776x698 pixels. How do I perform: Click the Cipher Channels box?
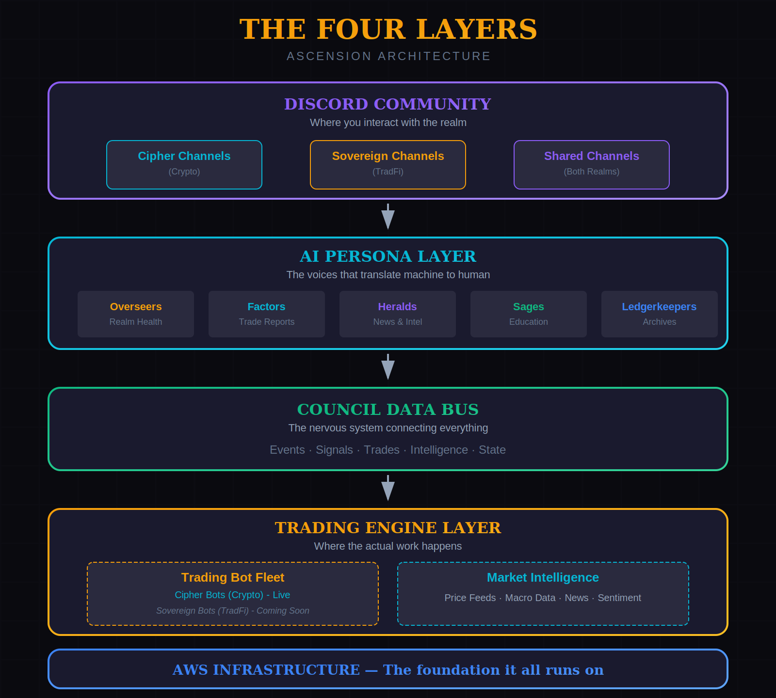click(x=184, y=165)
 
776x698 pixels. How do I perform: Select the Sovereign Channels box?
click(x=388, y=165)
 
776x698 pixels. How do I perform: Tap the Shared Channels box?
click(x=592, y=165)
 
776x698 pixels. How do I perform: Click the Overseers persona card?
click(x=136, y=314)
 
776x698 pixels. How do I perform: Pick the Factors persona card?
click(x=267, y=314)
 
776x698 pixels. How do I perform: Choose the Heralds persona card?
click(x=398, y=314)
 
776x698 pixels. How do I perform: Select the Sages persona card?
click(x=529, y=314)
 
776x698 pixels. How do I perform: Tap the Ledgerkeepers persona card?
click(x=660, y=314)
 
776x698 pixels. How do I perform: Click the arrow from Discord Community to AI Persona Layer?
click(x=388, y=217)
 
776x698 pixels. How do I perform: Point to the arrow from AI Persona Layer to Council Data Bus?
click(x=388, y=367)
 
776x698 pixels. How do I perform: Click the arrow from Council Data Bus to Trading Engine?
click(x=388, y=489)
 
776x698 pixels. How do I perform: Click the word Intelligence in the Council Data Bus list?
click(x=439, y=450)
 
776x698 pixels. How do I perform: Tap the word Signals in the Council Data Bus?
click(x=334, y=450)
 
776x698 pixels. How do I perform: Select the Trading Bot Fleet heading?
click(x=233, y=577)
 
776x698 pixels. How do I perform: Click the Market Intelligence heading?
click(x=543, y=577)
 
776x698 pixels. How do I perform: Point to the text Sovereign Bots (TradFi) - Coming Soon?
click(x=233, y=611)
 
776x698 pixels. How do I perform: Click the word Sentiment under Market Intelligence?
click(x=619, y=598)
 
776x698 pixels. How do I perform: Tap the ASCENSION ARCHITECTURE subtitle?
click(x=388, y=56)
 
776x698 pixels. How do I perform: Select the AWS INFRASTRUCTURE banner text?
click(x=388, y=669)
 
